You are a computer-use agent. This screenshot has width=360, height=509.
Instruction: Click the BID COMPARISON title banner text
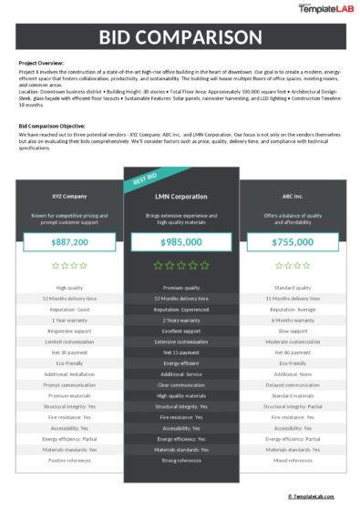coord(180,38)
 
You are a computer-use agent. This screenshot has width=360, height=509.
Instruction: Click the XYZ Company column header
coord(70,197)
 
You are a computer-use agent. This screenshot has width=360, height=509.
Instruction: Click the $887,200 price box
coord(70,242)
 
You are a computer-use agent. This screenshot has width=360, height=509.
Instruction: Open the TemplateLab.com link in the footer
coord(314,496)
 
